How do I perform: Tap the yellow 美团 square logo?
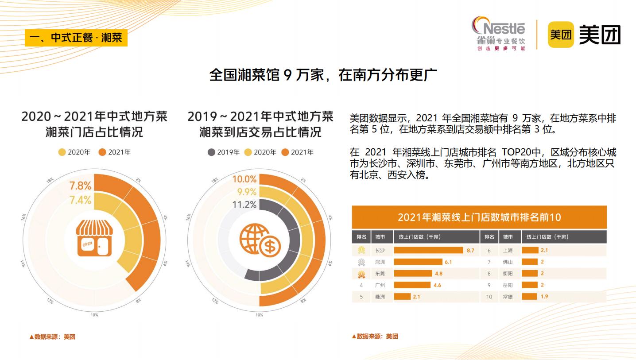click(x=561, y=34)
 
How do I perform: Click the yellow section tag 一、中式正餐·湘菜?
click(x=76, y=38)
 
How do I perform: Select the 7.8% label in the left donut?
click(x=80, y=186)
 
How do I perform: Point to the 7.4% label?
click(x=80, y=200)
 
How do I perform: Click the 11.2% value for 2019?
click(x=244, y=205)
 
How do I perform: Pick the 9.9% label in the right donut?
click(x=247, y=192)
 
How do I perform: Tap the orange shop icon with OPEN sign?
click(x=94, y=239)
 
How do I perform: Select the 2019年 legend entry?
click(x=224, y=152)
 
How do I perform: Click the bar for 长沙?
click(x=428, y=250)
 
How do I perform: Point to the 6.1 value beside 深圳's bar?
click(x=448, y=262)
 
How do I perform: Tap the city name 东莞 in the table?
click(x=380, y=274)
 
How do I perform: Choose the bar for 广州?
click(x=412, y=285)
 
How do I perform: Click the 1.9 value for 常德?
click(x=544, y=296)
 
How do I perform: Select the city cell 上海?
click(x=508, y=250)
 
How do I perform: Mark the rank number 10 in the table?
click(x=489, y=297)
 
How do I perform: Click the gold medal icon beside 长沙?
click(x=361, y=250)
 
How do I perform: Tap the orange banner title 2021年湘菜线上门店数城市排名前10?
click(x=479, y=217)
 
